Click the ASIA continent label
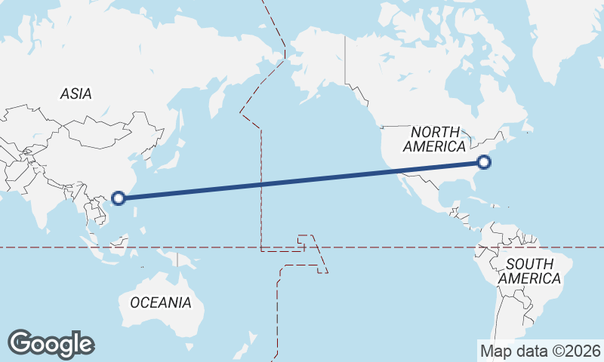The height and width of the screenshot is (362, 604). coord(75,94)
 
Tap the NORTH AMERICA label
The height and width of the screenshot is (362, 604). coord(434,139)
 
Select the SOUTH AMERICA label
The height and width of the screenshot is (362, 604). coord(533,271)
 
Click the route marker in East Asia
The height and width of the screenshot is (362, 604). coord(118,198)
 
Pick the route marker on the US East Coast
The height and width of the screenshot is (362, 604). coord(484,161)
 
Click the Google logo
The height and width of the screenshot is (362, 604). coord(51,344)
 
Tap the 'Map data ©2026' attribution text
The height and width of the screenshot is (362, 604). coord(541,351)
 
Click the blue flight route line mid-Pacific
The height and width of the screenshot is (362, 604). coord(302,180)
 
